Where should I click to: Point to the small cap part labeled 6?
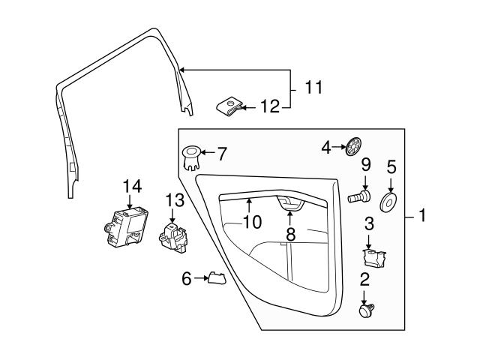point(216,279)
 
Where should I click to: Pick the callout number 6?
point(187,279)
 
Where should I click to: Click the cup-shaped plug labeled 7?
point(192,159)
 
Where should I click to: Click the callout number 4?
point(326,148)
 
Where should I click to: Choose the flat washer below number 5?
point(389,201)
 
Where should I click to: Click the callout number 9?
point(366,164)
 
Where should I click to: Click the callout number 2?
point(365,280)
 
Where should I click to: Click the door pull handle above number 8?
point(289,202)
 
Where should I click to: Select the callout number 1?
point(422,217)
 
